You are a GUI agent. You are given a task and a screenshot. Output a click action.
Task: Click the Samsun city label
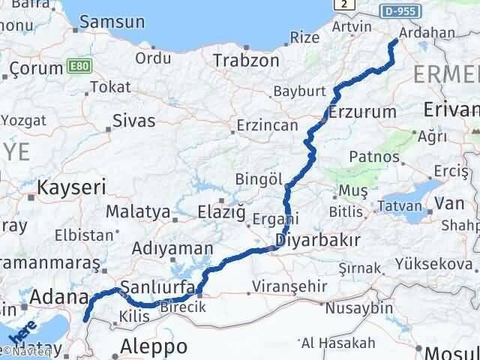(x=112, y=22)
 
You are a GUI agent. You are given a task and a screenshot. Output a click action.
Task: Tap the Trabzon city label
(x=246, y=60)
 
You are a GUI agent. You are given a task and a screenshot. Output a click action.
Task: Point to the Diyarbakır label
(x=319, y=241)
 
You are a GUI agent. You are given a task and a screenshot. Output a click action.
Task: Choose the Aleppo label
(x=154, y=346)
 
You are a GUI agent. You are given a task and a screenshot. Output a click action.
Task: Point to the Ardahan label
(x=427, y=33)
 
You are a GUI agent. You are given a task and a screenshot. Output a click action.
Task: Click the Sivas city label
(x=133, y=120)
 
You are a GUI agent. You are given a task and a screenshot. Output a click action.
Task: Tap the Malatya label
(x=138, y=212)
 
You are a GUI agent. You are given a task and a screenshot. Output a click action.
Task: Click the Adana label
(x=59, y=298)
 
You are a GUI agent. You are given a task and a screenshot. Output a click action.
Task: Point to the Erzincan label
(x=266, y=125)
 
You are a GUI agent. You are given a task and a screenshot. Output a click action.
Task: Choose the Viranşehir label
(x=280, y=286)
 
